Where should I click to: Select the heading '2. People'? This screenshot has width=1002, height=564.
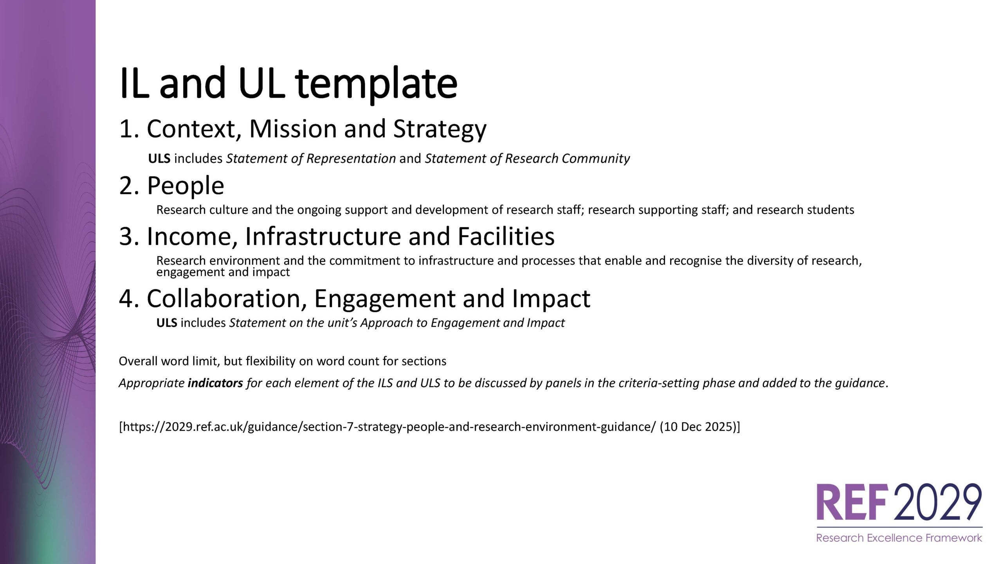[x=171, y=186]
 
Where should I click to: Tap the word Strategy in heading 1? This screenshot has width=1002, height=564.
[x=440, y=129]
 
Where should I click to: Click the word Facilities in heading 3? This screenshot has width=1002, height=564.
[x=506, y=237]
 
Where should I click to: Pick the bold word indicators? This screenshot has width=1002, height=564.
[x=215, y=383]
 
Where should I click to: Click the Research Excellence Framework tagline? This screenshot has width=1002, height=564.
[x=899, y=538]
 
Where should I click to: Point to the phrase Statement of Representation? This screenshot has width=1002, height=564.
[x=311, y=159]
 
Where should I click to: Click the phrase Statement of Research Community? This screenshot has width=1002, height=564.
[x=528, y=159]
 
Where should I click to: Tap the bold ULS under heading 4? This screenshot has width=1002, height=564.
[x=167, y=323]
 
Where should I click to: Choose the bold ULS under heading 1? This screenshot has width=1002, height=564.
[x=159, y=159]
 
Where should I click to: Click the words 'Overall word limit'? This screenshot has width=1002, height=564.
[x=168, y=361]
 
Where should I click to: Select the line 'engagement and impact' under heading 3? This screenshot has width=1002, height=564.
[x=223, y=272]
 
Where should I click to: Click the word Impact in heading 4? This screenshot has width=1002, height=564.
[x=551, y=298]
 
